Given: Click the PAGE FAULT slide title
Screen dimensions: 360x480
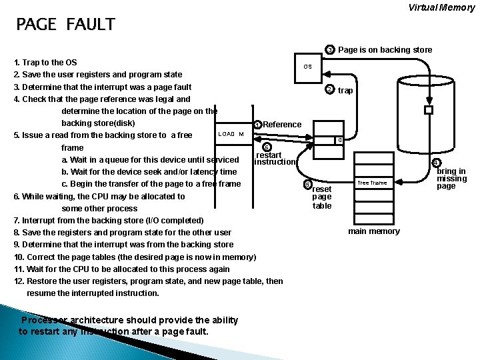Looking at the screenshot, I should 65,25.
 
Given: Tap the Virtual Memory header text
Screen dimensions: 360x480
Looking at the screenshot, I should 441,8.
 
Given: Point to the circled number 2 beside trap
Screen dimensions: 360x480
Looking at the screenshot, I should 329,90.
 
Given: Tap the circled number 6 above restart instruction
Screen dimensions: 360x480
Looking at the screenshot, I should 267,147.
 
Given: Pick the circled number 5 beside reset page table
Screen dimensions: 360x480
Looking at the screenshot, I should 307,185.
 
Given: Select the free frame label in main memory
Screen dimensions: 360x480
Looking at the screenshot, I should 372,183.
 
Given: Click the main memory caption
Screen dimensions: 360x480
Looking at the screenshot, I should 374,231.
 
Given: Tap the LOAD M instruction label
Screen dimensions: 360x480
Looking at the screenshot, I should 231,134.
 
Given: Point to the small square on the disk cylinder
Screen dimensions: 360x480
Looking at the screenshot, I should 429,110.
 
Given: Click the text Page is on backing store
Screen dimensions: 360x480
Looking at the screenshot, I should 385,50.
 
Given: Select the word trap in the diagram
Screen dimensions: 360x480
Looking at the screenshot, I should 345,91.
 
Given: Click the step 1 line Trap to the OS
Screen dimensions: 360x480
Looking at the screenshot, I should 45,63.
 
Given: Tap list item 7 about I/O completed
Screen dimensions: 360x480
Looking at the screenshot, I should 109,221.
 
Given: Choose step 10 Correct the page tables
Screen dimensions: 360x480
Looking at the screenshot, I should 133,257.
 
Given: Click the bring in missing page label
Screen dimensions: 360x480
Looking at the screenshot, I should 451,179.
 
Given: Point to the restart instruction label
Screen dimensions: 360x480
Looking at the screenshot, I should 275,159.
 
